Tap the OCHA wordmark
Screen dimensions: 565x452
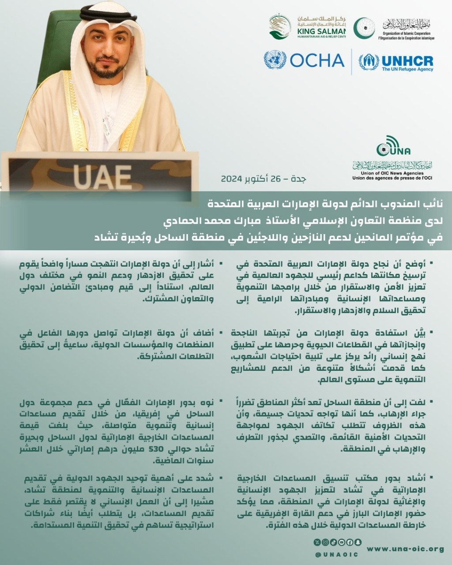(x=317, y=60)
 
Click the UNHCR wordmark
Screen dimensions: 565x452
(x=407, y=60)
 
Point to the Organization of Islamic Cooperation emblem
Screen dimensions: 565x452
(x=365, y=28)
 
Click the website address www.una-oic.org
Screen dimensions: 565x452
(x=405, y=549)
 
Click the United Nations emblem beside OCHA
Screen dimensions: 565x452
(x=275, y=60)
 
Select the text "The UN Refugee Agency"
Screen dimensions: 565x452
(x=407, y=69)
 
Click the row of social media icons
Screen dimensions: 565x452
(x=337, y=542)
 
